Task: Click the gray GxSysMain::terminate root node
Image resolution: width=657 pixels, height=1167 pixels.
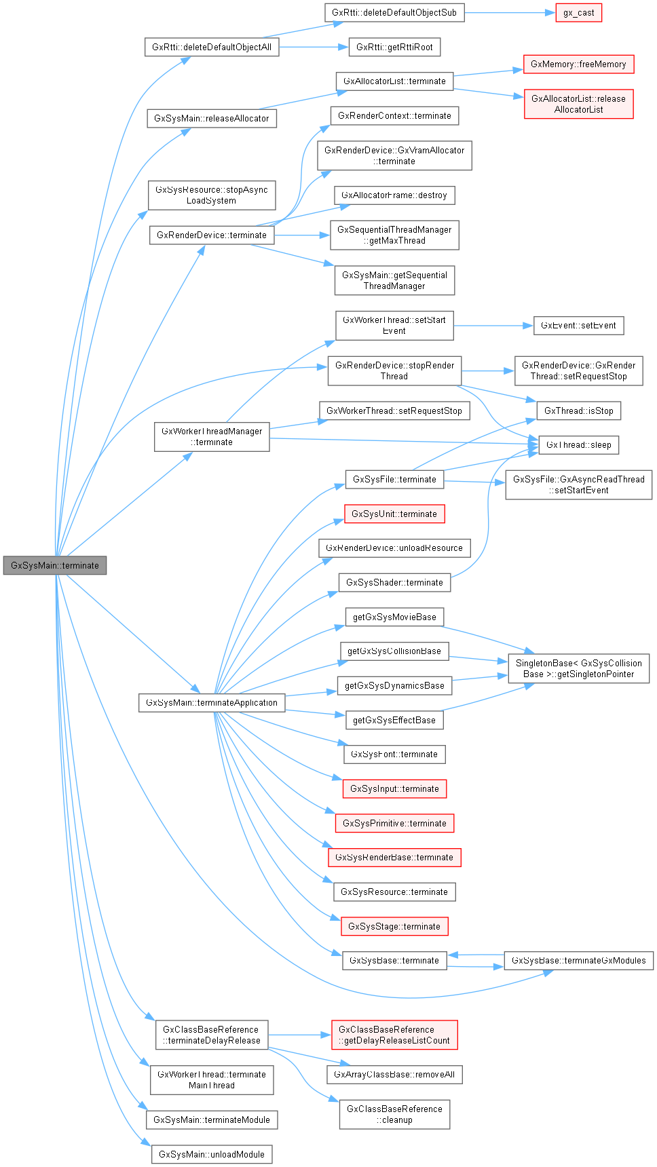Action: (x=55, y=565)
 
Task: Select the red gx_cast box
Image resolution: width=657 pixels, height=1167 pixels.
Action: (x=578, y=13)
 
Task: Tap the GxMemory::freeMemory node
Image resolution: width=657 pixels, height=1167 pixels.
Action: (x=578, y=64)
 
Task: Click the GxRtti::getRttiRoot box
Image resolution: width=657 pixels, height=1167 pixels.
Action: (x=394, y=47)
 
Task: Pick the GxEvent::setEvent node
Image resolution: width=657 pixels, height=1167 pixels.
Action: (x=578, y=326)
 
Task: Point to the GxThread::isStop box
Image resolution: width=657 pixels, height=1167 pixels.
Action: (x=578, y=410)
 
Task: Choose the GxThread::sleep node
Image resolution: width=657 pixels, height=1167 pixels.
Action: (x=578, y=445)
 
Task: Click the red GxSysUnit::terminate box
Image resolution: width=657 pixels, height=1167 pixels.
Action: (x=394, y=514)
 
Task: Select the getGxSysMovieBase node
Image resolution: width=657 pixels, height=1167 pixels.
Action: (x=394, y=617)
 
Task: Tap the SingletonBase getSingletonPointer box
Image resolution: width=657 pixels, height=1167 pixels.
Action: (x=578, y=668)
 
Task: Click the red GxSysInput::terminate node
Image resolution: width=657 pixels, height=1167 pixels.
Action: (x=394, y=788)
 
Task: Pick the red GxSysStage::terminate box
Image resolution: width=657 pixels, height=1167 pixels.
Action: (x=394, y=926)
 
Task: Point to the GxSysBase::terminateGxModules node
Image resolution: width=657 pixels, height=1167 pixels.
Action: (x=578, y=960)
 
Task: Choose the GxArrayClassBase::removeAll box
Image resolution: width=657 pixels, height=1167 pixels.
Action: (x=394, y=1074)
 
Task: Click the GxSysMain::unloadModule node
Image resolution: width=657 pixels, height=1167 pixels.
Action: (x=212, y=1154)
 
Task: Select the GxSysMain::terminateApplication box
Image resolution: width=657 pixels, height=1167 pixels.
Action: (x=212, y=702)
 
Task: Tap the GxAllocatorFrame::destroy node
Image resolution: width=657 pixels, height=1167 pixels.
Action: (x=394, y=195)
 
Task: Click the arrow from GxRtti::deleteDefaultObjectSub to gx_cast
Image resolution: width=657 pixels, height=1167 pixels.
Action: (x=509, y=13)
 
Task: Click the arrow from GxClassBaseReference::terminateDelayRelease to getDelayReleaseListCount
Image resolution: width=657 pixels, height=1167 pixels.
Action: (x=299, y=1035)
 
